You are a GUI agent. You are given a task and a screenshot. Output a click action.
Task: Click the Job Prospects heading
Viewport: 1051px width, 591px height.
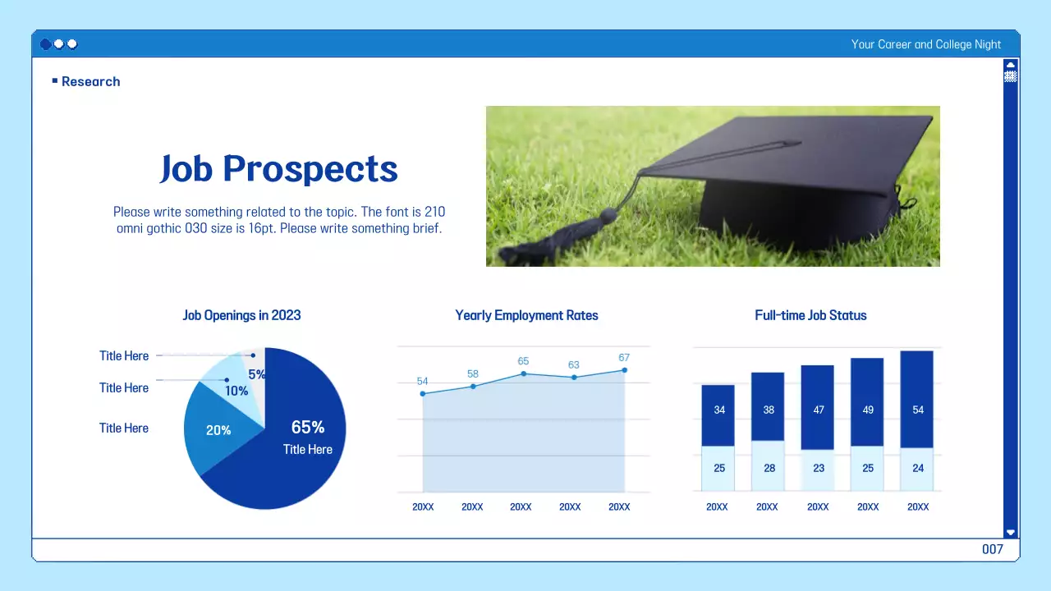pyautogui.click(x=278, y=169)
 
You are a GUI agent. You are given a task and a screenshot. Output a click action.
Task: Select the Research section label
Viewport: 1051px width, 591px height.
pyautogui.click(x=90, y=81)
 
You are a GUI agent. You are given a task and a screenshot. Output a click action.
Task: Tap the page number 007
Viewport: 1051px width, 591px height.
pyautogui.click(x=993, y=549)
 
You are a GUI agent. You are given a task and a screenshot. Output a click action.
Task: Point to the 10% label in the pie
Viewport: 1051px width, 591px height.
pyautogui.click(x=236, y=391)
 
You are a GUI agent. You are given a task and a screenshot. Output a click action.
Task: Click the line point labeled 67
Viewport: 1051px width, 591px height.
pyautogui.click(x=624, y=370)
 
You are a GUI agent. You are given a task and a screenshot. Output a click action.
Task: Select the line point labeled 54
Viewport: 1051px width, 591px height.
pyautogui.click(x=423, y=394)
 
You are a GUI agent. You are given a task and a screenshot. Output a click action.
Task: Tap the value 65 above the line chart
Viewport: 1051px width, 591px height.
pyautogui.click(x=523, y=361)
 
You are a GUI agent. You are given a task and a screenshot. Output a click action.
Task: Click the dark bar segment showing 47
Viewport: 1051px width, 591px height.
pyautogui.click(x=818, y=408)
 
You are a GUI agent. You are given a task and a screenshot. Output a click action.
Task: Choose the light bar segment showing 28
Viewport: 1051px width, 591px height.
pyautogui.click(x=769, y=467)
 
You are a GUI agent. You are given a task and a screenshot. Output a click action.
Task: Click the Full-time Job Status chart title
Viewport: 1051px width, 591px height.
pyautogui.click(x=810, y=315)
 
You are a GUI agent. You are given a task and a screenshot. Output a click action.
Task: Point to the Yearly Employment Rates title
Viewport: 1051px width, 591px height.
pyautogui.click(x=526, y=315)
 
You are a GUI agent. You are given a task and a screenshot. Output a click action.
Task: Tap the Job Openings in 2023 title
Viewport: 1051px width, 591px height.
pyautogui.click(x=241, y=315)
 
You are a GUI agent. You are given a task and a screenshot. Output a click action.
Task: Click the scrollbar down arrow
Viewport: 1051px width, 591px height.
pyautogui.click(x=1011, y=532)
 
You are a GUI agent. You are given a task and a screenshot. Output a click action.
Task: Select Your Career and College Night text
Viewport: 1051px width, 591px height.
pyautogui.click(x=925, y=44)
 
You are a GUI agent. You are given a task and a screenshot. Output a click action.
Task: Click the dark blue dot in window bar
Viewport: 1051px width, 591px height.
pyautogui.click(x=45, y=44)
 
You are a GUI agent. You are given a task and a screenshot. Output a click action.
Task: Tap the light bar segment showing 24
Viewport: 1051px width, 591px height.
pyautogui.click(x=917, y=469)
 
